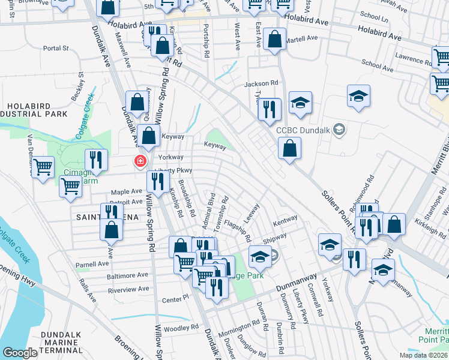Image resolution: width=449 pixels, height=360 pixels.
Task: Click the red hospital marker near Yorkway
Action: click(x=140, y=160)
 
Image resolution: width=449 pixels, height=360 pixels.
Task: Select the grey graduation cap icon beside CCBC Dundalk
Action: click(x=339, y=129)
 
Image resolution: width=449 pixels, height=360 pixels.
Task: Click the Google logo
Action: click(x=20, y=353)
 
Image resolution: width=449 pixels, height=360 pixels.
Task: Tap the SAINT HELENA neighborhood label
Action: click(x=105, y=216)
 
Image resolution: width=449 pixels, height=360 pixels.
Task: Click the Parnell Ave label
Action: click(x=92, y=263)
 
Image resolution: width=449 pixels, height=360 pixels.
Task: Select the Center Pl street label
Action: click(x=175, y=299)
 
